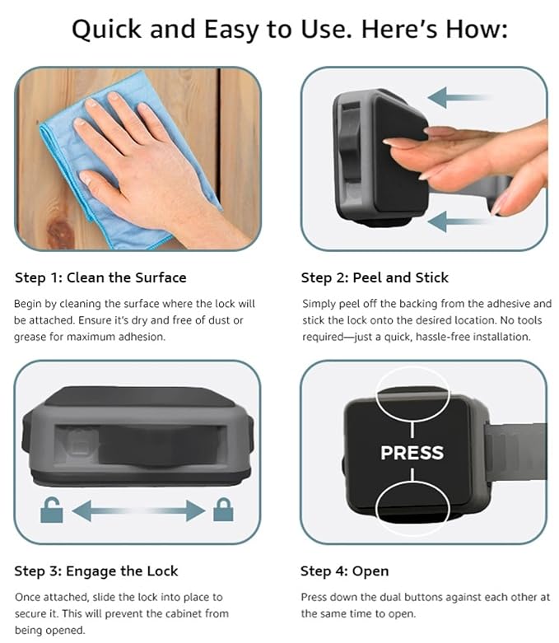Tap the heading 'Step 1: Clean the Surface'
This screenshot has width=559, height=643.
(101, 277)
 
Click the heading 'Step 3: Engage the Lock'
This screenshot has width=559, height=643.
(96, 571)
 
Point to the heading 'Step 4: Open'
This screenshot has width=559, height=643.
(344, 571)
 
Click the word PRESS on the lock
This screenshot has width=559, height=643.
(412, 452)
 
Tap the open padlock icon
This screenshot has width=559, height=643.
(51, 511)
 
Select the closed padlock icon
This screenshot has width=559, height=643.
(222, 511)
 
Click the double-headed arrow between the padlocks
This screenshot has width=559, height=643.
(137, 511)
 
